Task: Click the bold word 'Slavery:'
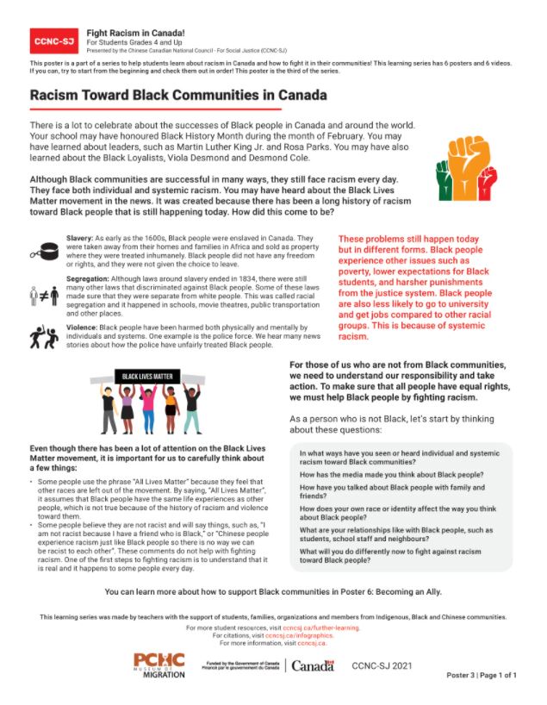tap(82, 236)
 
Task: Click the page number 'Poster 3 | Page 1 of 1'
tap(482, 675)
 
